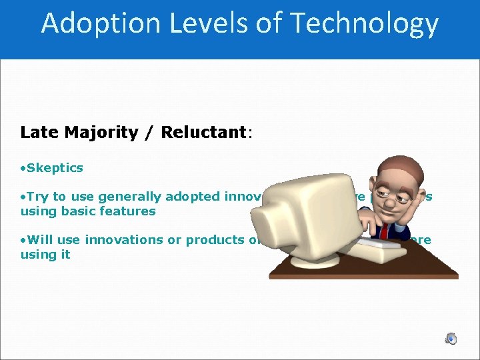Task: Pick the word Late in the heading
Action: (x=40, y=132)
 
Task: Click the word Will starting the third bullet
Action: (x=41, y=240)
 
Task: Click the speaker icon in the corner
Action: (x=451, y=338)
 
